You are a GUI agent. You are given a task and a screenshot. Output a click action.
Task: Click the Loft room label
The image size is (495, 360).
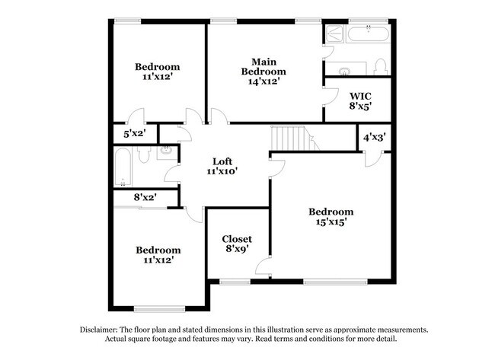click(x=222, y=161)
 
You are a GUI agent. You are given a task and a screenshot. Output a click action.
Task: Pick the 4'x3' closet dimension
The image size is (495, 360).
click(x=373, y=138)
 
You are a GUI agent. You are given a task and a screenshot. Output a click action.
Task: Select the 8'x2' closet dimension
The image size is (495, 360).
click(x=145, y=197)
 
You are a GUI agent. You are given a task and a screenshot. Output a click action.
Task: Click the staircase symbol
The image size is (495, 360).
click(x=289, y=139)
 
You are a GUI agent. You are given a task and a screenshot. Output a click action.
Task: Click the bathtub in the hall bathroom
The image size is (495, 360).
click(x=123, y=167)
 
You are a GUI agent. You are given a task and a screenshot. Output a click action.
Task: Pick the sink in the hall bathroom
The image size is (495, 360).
click(x=165, y=151)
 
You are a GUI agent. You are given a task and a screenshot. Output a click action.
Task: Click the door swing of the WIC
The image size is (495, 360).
click(x=330, y=96)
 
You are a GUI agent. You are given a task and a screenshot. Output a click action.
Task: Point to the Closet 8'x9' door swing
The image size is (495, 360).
click(x=263, y=266)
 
